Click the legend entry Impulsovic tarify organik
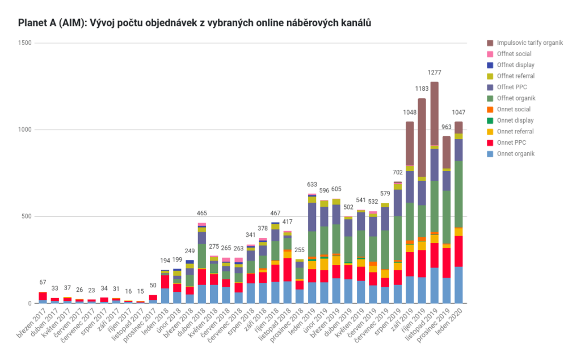pyautogui.click(x=529, y=43)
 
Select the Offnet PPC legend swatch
pyautogui.click(x=490, y=87)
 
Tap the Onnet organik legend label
pyautogui.click(x=516, y=153)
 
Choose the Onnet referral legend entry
pyautogui.click(x=515, y=131)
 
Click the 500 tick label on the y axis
pyautogui.click(x=26, y=216)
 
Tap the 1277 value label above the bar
pyautogui.click(x=435, y=73)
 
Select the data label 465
pyautogui.click(x=202, y=214)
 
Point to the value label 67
pyautogui.click(x=43, y=283)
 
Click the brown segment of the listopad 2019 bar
pyautogui.click(x=435, y=114)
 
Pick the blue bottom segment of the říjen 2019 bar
pyautogui.click(x=422, y=290)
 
